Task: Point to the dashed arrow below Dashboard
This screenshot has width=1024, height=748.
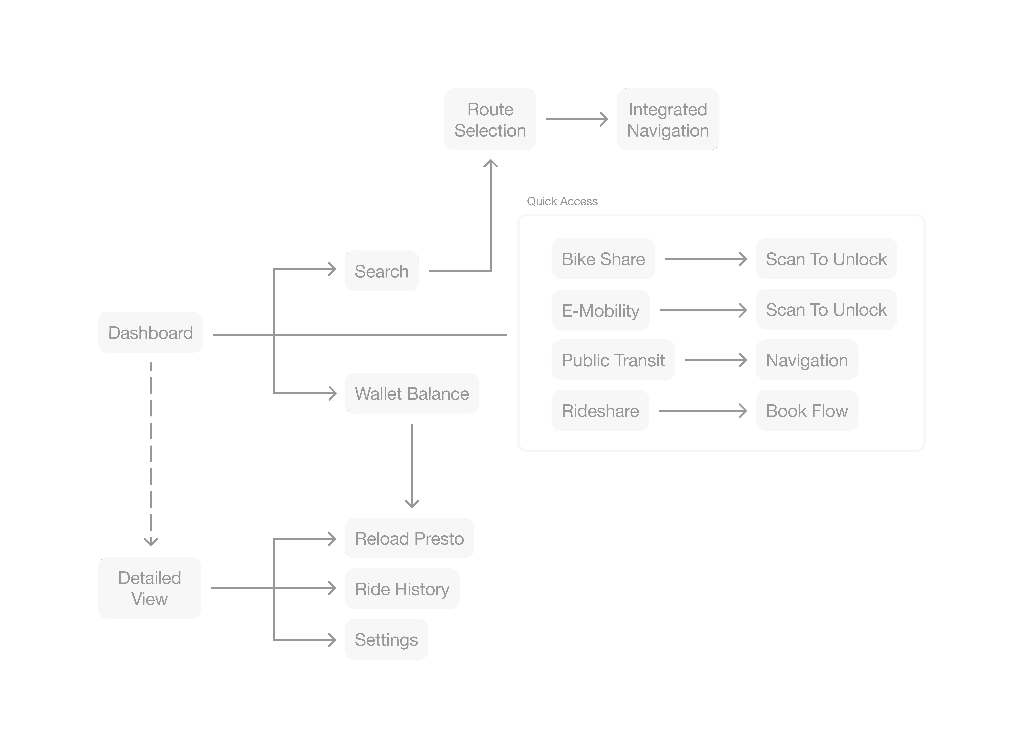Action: [151, 453]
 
